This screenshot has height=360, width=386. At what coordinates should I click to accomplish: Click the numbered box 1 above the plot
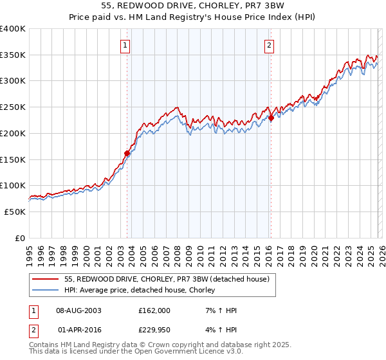[125, 45]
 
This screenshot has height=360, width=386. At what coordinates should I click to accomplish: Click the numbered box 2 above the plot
[268, 45]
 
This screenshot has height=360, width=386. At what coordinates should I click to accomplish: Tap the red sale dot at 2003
[127, 153]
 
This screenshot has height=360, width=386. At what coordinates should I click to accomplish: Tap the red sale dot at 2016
[271, 118]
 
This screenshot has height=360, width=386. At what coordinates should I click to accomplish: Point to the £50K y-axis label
[15, 212]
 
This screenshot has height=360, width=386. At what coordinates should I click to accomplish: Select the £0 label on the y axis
[20, 238]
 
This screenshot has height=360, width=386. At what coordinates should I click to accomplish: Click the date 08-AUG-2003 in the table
[78, 310]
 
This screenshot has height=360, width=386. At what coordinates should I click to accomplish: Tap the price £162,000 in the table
[154, 310]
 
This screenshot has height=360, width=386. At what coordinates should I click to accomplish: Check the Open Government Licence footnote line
[136, 353]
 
